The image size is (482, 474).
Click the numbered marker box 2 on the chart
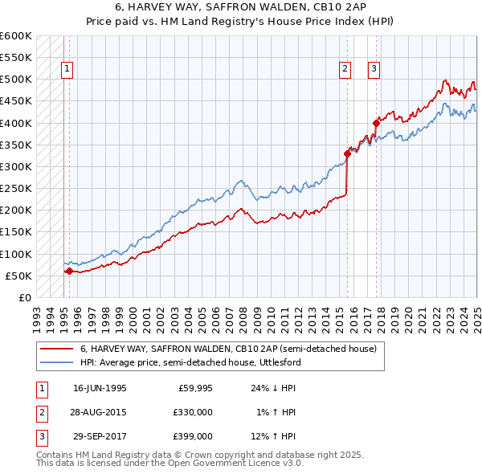click(345, 69)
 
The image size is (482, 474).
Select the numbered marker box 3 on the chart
click(374, 69)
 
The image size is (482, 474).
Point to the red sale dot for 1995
click(69, 271)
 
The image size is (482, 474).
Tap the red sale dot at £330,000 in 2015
click(347, 153)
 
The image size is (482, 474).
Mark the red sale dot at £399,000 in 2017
click(376, 123)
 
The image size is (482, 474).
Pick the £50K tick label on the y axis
click(18, 276)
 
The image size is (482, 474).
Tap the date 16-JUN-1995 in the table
click(100, 388)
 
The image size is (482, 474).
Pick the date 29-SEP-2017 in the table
click(100, 436)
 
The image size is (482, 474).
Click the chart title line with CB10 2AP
click(240, 7)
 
